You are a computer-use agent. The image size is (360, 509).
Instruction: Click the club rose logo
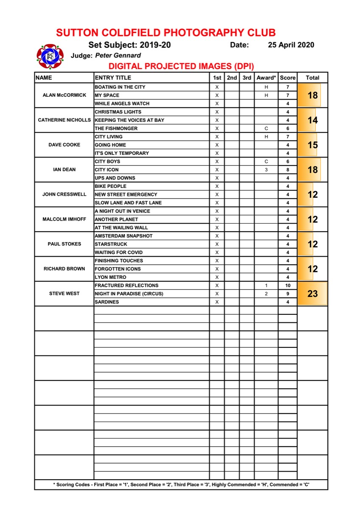(x=50, y=56)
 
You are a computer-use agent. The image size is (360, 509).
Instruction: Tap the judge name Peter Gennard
(x=118, y=55)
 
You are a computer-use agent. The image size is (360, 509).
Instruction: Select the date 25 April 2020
(x=291, y=45)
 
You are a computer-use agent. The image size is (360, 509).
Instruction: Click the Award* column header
(x=266, y=78)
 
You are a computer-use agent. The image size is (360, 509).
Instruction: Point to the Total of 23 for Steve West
(x=312, y=294)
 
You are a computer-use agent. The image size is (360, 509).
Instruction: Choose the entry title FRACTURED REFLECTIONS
(x=127, y=285)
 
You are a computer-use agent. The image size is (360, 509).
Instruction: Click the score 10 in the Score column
(x=288, y=285)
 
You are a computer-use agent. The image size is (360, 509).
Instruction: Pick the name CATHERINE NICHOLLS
(x=65, y=120)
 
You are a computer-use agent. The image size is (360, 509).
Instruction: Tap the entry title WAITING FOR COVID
(x=118, y=252)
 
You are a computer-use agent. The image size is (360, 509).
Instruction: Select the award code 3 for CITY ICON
(x=266, y=170)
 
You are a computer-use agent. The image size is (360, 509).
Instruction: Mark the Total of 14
(x=312, y=120)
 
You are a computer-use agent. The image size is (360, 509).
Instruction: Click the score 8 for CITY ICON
(x=288, y=170)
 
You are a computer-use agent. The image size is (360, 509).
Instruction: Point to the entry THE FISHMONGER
(x=116, y=129)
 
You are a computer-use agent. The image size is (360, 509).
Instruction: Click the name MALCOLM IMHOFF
(x=65, y=219)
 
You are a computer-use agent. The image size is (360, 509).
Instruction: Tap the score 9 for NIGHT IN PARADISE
(x=288, y=294)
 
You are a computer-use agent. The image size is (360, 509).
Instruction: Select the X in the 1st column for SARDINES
(x=217, y=302)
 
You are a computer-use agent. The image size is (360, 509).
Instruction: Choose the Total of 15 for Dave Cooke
(x=312, y=145)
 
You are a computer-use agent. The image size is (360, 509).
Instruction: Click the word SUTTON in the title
(x=77, y=33)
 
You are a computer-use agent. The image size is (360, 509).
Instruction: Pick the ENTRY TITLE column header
(x=113, y=78)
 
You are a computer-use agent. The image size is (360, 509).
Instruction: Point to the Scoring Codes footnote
(x=181, y=484)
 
